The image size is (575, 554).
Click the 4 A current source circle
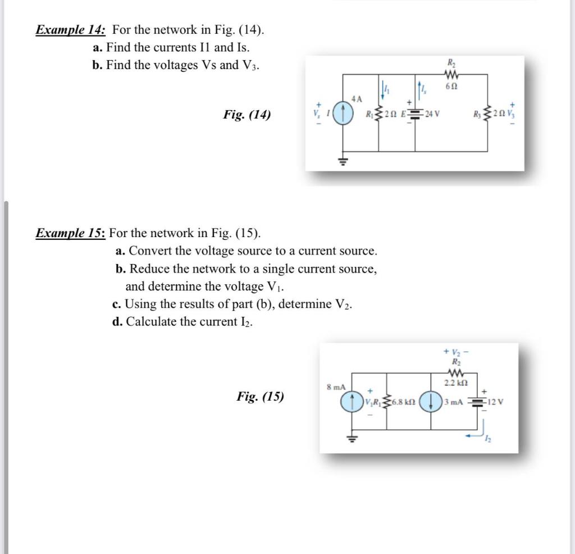(x=344, y=115)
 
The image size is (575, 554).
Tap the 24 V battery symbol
(x=415, y=115)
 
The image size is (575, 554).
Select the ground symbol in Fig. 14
(x=344, y=160)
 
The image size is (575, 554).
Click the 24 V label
(x=432, y=115)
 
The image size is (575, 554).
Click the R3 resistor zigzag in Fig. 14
(x=487, y=115)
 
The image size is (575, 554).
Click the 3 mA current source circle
(x=432, y=402)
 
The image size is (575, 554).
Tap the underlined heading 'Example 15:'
(x=71, y=233)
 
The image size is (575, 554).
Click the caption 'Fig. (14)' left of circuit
(x=247, y=115)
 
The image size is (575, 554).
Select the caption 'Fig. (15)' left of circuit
(x=260, y=397)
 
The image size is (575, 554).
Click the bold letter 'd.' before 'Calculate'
(x=117, y=322)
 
